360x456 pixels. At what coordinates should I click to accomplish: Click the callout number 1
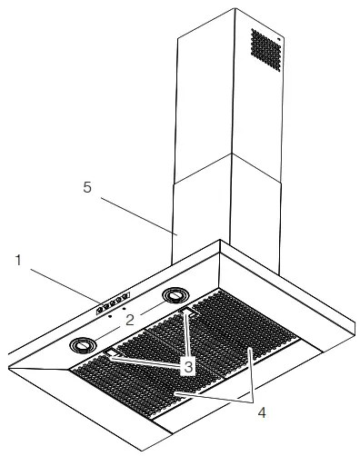click(17, 260)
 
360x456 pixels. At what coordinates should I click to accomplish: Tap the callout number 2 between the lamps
click(130, 319)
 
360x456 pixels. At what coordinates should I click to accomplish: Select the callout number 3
click(187, 367)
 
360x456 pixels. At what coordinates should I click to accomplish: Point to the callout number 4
click(262, 411)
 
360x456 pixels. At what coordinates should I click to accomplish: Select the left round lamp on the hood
click(84, 345)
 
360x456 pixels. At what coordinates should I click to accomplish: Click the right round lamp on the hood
click(175, 296)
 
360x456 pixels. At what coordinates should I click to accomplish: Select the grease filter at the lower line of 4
click(177, 393)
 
